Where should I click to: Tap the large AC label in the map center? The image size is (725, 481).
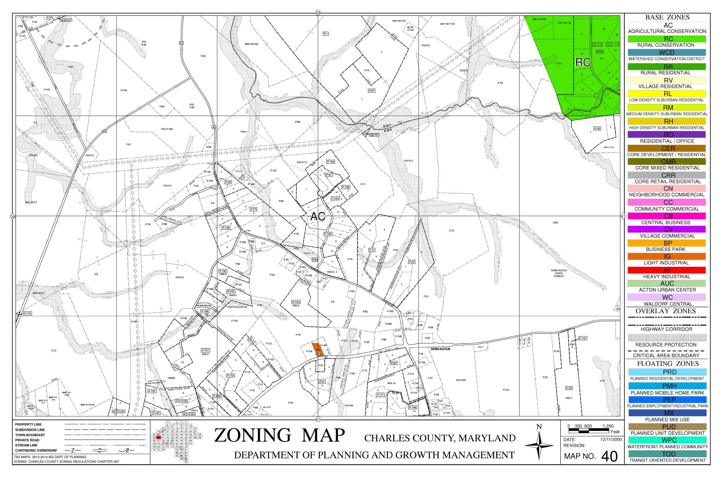[x=318, y=217]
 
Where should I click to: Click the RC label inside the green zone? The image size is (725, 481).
[x=583, y=62]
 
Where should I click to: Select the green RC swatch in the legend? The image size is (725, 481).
[x=666, y=39]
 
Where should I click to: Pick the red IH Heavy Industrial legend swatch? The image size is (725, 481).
[x=666, y=270]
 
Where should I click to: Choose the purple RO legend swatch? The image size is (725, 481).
[x=666, y=135]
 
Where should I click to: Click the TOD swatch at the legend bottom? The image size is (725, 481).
[x=666, y=454]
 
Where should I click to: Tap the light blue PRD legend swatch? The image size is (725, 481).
[x=666, y=372]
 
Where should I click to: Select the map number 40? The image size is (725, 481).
[x=609, y=456]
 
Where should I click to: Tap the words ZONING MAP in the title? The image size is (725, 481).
[x=279, y=435]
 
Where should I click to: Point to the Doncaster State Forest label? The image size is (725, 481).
[x=559, y=273]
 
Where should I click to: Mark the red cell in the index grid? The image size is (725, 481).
[x=159, y=438]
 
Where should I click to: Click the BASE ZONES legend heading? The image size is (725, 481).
[x=667, y=17]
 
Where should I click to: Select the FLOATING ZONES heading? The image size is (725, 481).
[x=667, y=363]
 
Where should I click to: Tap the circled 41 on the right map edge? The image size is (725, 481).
[x=623, y=216]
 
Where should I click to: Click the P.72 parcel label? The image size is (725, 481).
[x=452, y=230]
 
